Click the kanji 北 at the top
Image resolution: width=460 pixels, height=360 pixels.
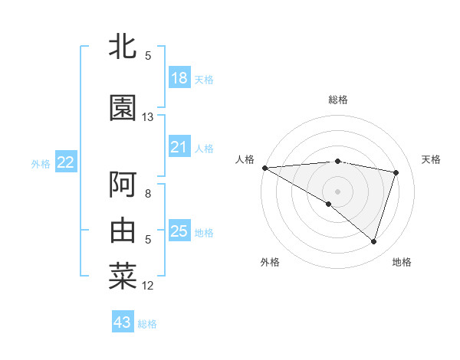click(123, 46)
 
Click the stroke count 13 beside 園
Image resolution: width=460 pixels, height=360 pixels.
click(148, 117)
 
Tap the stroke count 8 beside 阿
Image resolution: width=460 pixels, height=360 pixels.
click(148, 194)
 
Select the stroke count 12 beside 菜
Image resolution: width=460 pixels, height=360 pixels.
click(148, 286)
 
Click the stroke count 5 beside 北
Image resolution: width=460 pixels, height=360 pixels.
click(148, 55)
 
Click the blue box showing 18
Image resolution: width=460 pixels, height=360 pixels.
click(179, 78)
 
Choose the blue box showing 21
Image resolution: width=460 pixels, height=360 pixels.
click(179, 147)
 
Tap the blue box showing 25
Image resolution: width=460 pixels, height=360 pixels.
click(179, 231)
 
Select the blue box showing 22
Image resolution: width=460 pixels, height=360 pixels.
click(66, 162)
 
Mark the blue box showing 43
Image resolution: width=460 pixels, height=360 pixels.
click(123, 322)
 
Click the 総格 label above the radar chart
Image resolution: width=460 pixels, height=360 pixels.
click(338, 100)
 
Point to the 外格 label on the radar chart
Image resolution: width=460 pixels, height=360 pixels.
click(270, 262)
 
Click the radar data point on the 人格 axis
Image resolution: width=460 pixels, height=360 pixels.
click(264, 168)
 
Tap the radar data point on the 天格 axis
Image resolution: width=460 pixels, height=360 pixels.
click(396, 172)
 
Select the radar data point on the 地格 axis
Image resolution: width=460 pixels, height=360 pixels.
click(373, 242)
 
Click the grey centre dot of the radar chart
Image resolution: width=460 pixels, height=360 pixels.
click(337, 190)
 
